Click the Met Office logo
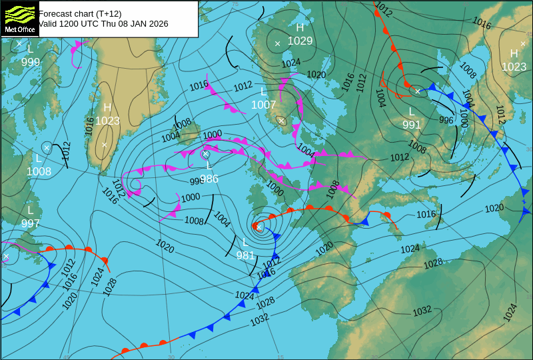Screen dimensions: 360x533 19,19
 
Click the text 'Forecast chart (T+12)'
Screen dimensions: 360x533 80,13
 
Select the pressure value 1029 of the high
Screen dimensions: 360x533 300,41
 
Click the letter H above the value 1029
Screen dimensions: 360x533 300,27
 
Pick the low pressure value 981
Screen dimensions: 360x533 245,255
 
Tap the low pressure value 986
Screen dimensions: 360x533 209,179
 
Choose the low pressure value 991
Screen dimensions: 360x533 411,125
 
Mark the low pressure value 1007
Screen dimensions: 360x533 263,105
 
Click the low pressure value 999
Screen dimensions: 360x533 30,62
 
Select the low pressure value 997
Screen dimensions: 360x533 30,223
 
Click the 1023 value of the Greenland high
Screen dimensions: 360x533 107,121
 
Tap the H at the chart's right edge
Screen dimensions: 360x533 514,53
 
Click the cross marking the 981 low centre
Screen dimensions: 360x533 259,227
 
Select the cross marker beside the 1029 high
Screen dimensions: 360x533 278,44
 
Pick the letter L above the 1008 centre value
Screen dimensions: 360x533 39,159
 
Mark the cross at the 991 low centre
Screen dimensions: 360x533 418,91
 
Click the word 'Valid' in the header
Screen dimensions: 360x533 49,23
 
